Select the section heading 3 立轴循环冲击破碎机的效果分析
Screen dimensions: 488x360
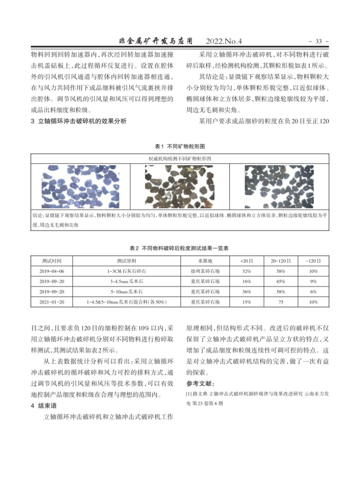tap(78, 121)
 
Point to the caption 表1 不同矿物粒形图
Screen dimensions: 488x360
tap(180, 146)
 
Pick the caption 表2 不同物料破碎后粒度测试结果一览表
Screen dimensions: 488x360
tap(180, 247)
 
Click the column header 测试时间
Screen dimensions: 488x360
tap(52, 261)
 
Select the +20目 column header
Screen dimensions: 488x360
tap(246, 261)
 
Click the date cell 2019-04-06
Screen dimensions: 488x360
tap(52, 271)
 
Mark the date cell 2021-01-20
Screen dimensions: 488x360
tap(52, 302)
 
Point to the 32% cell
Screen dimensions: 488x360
tap(246, 271)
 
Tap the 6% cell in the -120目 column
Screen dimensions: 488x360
tap(313, 292)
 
